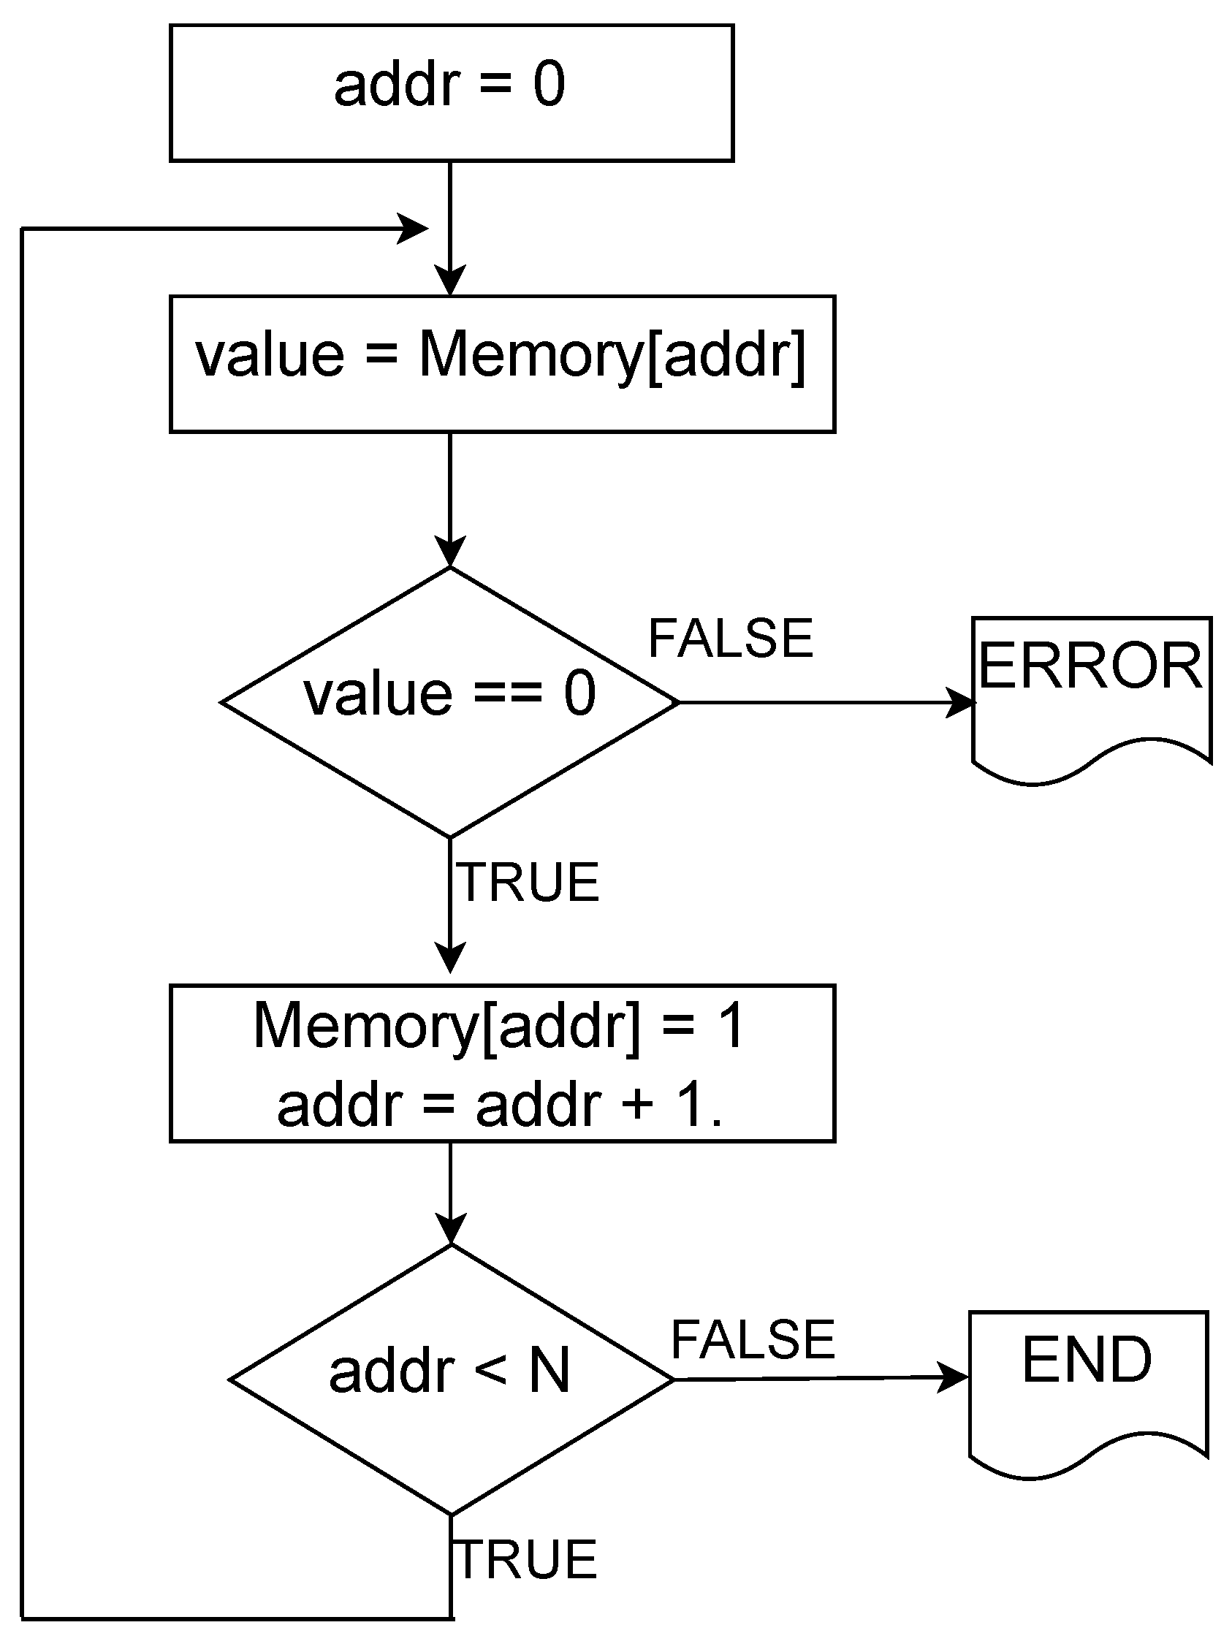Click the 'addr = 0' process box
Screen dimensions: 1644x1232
(x=451, y=93)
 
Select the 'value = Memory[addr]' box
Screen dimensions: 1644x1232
(x=501, y=363)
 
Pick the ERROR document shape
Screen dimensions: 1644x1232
(x=1091, y=688)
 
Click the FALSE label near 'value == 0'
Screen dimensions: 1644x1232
(x=731, y=639)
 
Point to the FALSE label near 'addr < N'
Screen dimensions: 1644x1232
(x=753, y=1340)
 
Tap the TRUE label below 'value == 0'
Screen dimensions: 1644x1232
(x=528, y=882)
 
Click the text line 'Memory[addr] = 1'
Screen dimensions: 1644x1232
(x=498, y=1026)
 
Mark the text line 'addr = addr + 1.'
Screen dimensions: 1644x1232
(x=500, y=1105)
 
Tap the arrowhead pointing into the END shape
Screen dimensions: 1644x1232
(x=954, y=1377)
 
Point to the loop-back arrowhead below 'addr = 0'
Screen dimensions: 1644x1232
(x=413, y=229)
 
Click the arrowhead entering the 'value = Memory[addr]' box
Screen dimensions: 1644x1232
(x=450, y=281)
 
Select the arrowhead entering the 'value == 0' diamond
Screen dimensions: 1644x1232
(x=450, y=552)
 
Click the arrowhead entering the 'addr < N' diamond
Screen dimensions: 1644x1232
(x=450, y=1230)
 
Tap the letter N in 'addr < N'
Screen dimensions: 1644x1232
(x=549, y=1371)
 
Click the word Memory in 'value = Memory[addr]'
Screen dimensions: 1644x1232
(x=531, y=354)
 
